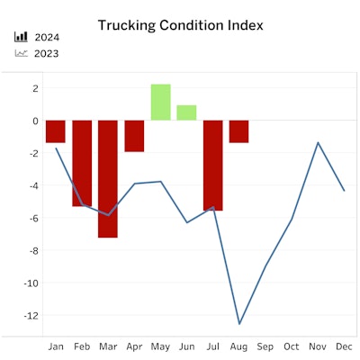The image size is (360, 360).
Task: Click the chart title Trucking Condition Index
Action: pos(180,25)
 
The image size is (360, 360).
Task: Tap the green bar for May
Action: pos(160,102)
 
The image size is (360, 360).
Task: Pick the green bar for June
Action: pos(186,112)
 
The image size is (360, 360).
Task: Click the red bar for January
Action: pos(56,131)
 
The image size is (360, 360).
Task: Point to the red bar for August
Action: pos(238,131)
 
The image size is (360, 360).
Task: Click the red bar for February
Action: pos(82,163)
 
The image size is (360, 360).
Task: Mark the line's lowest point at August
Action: pos(239,324)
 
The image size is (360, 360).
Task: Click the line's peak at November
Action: pos(318,142)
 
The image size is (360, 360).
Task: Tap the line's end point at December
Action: pos(344,190)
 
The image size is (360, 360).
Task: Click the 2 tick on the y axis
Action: pos(33,88)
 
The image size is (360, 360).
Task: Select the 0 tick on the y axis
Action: pos(33,121)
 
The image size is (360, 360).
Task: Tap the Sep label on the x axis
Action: pos(265,346)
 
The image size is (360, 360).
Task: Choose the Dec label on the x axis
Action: pos(344,346)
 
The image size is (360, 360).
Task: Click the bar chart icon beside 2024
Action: pos(21,38)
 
